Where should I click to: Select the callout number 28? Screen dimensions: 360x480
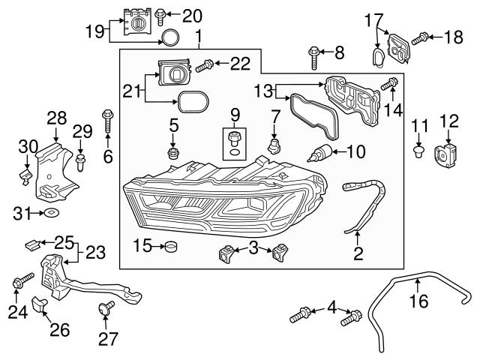[x=56, y=118]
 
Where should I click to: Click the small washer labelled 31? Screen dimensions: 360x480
[x=49, y=214]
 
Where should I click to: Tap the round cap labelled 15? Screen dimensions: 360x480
[x=170, y=246]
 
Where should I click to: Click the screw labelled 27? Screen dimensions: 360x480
[x=106, y=307]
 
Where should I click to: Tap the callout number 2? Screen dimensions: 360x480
[x=358, y=254]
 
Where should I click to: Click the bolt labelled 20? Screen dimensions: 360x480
[x=160, y=14]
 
